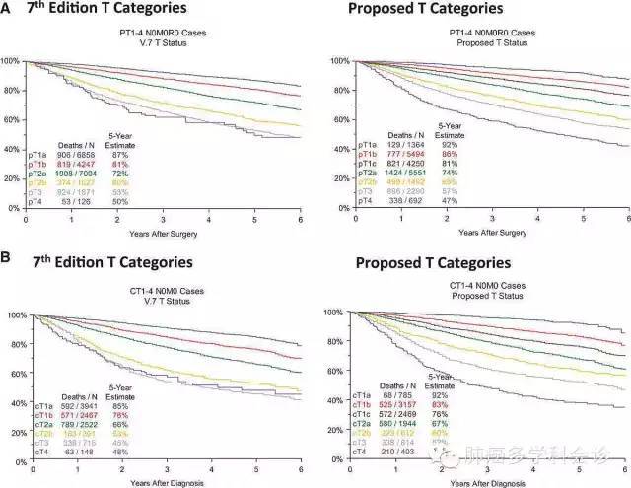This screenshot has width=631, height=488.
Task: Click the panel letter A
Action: tap(8, 12)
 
